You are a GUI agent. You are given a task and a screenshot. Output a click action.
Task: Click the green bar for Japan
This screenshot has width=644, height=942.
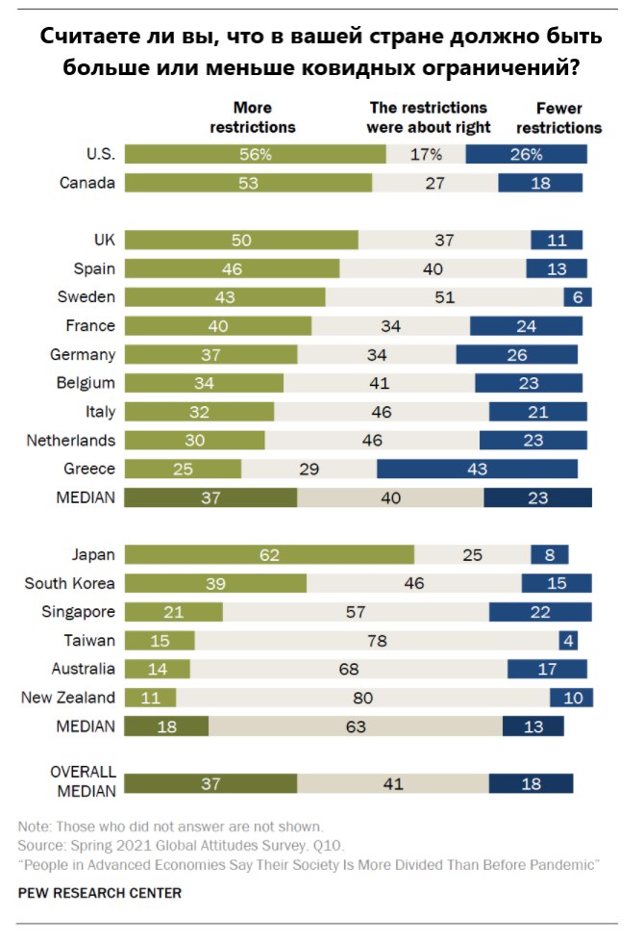click(269, 554)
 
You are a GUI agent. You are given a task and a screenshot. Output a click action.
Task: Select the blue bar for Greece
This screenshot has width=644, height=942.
click(477, 469)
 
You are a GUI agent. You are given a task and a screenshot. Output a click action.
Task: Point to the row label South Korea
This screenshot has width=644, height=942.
click(70, 583)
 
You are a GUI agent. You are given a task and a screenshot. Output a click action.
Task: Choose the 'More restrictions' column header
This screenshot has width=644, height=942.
click(253, 117)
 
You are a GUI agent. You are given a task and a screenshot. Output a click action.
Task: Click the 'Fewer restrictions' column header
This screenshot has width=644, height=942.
click(557, 117)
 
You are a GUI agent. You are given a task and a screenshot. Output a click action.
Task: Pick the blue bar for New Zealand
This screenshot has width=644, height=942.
click(571, 698)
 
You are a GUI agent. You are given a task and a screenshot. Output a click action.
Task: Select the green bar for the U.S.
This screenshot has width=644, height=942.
click(256, 154)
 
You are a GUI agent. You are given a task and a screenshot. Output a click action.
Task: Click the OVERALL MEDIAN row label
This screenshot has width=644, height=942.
click(83, 781)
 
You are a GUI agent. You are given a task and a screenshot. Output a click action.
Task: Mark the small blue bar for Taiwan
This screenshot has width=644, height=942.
click(568, 640)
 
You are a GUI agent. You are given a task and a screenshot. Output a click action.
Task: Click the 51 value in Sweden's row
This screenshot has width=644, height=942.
click(444, 296)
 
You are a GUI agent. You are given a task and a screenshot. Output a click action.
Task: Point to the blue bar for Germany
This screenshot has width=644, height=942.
click(517, 354)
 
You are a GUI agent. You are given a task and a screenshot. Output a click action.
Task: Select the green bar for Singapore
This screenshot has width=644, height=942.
click(174, 612)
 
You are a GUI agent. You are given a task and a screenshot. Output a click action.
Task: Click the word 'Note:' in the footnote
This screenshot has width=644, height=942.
click(35, 827)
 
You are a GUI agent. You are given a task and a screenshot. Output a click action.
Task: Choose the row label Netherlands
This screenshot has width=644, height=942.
click(71, 440)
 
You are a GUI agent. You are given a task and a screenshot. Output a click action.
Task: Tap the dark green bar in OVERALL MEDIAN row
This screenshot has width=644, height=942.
click(211, 783)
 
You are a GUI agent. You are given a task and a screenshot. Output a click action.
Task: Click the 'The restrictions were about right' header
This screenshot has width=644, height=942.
click(429, 117)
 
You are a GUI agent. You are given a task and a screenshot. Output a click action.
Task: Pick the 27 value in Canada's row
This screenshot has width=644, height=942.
click(434, 183)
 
